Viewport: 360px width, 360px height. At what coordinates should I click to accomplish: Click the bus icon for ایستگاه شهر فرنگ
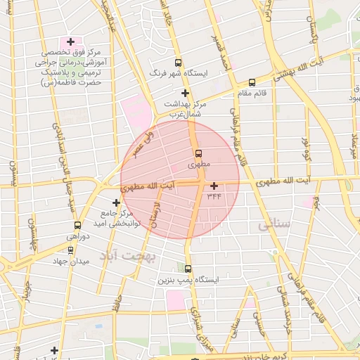pyautogui.click(x=178, y=62)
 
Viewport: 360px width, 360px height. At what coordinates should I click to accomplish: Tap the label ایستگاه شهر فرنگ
pyautogui.click(x=177, y=73)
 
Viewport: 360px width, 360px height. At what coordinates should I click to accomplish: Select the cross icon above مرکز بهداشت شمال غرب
pyautogui.click(x=185, y=93)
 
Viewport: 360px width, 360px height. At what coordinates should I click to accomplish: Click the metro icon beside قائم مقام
pyautogui.click(x=252, y=82)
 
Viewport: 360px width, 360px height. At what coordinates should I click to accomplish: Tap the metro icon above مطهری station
pyautogui.click(x=198, y=153)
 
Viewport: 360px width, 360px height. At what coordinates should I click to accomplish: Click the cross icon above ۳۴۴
pyautogui.click(x=214, y=186)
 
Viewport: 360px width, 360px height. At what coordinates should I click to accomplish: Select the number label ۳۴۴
pyautogui.click(x=214, y=196)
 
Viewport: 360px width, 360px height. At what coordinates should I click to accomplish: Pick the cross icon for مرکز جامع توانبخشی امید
pyautogui.click(x=117, y=202)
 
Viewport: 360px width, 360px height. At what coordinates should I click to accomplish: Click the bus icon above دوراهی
pyautogui.click(x=77, y=226)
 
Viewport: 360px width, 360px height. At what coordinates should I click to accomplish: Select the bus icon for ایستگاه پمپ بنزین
pyautogui.click(x=187, y=269)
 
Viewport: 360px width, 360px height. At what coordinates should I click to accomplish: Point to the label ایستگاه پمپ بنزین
pyautogui.click(x=187, y=280)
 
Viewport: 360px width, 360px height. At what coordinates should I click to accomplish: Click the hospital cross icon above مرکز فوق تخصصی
pyautogui.click(x=70, y=42)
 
